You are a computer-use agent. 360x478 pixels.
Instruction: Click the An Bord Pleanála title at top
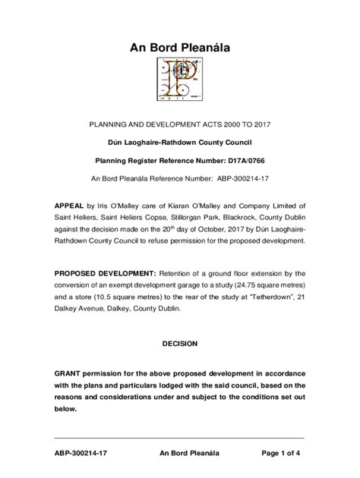[x=180, y=49]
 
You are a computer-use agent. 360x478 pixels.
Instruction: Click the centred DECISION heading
[x=180, y=344]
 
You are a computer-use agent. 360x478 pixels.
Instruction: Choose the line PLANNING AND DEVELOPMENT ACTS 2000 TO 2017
[x=179, y=122]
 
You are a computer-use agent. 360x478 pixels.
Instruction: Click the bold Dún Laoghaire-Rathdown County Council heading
[x=179, y=142]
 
